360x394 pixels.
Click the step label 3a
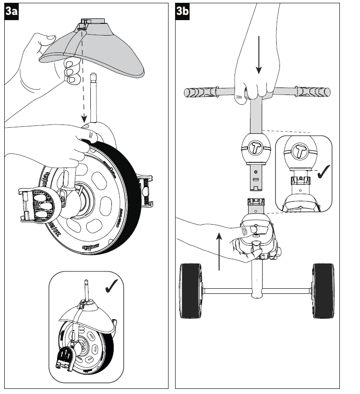(12, 13)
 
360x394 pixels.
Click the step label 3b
(183, 13)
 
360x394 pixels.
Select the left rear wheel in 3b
(191, 291)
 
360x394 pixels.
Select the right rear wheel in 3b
(323, 290)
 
